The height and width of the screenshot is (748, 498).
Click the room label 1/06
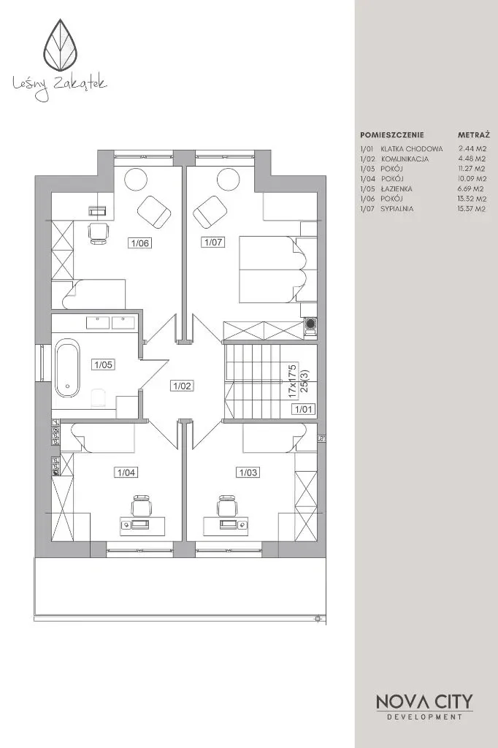click(x=140, y=243)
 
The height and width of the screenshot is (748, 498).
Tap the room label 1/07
click(x=213, y=242)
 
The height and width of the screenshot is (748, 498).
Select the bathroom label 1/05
click(x=104, y=365)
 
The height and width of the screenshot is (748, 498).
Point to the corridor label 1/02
click(x=183, y=386)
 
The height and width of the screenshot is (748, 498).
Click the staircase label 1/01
click(x=304, y=409)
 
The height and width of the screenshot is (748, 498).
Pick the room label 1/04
click(x=126, y=473)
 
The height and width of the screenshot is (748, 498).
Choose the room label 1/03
click(x=248, y=473)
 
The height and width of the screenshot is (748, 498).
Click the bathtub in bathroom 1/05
click(x=67, y=368)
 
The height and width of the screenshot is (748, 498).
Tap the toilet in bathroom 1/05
click(x=99, y=398)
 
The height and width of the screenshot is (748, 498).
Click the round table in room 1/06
click(x=136, y=180)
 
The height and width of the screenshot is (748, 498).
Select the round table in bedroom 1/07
click(x=228, y=180)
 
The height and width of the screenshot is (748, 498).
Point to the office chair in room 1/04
click(x=141, y=507)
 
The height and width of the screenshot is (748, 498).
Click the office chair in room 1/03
click(x=227, y=507)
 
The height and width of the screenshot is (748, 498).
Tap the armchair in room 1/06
click(x=154, y=211)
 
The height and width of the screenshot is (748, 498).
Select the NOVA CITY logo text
click(x=424, y=702)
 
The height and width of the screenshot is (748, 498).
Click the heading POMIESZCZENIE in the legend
click(x=392, y=135)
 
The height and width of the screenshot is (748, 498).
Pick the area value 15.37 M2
click(x=472, y=208)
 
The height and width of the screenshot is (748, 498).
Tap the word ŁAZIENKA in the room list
click(x=397, y=189)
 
